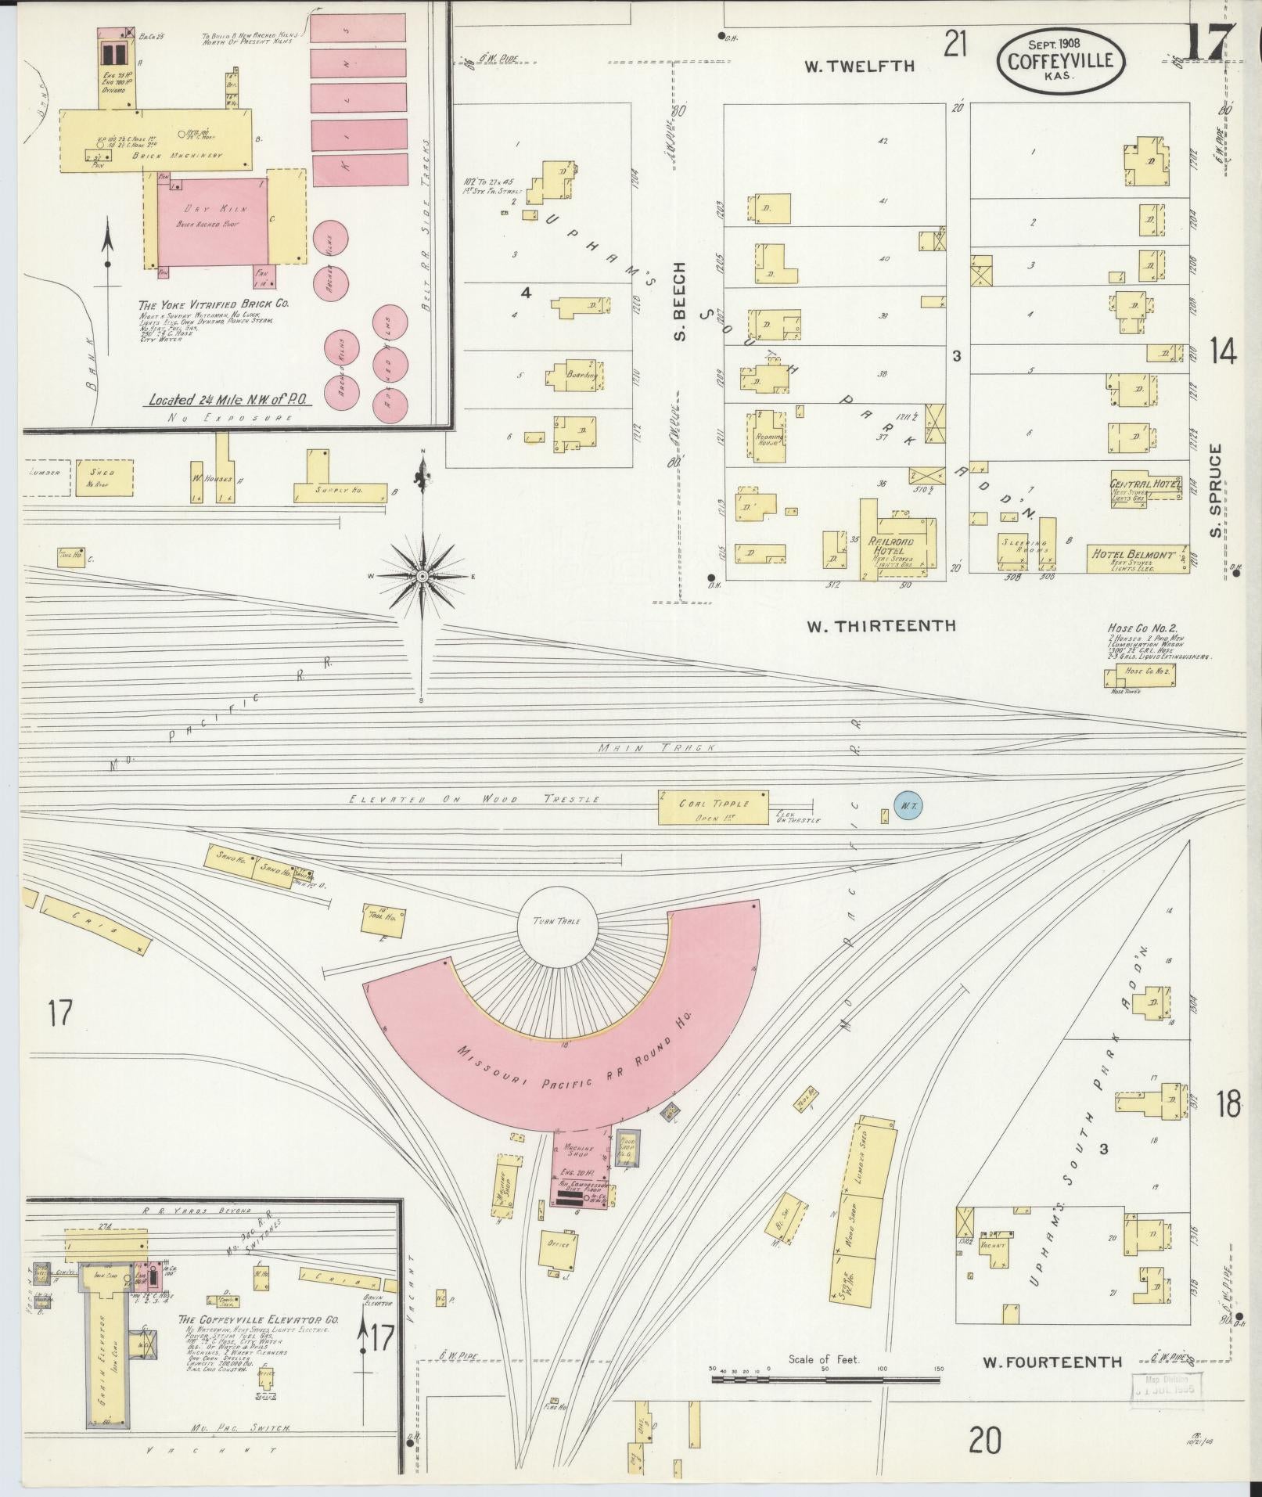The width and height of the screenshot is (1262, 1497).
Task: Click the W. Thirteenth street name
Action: (881, 626)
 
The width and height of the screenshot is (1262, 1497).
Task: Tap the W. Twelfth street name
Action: (860, 67)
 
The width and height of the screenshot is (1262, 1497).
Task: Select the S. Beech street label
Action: (679, 301)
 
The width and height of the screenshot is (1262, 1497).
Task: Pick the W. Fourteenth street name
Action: (1052, 1362)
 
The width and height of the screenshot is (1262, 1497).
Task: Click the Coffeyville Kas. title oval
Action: (1060, 62)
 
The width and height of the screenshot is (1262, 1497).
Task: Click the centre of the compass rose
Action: (422, 576)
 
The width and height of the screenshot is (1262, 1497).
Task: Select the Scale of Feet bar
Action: (825, 1379)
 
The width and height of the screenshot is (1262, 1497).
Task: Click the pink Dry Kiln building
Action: (212, 222)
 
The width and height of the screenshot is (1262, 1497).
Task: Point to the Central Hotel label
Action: (1145, 484)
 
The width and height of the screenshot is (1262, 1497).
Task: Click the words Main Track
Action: (656, 748)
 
